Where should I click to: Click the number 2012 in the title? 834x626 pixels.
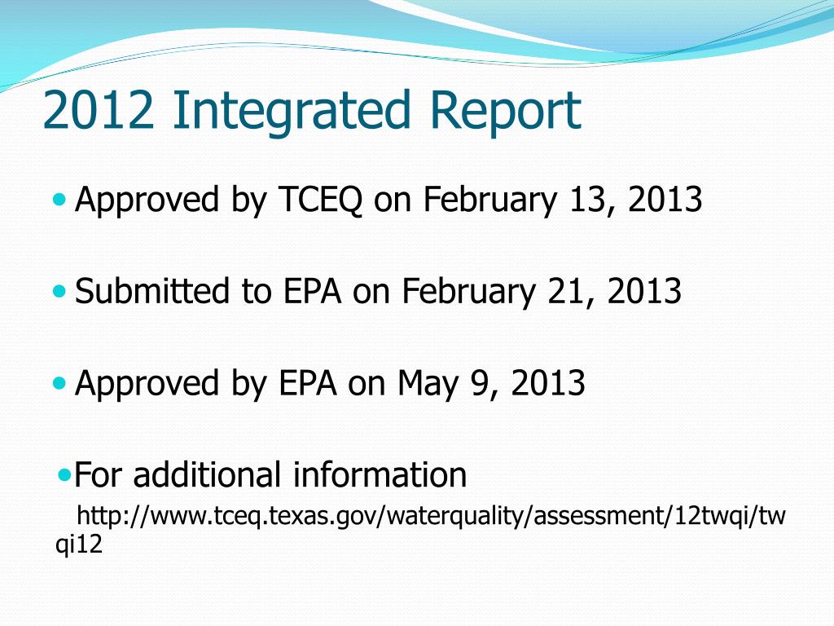99,111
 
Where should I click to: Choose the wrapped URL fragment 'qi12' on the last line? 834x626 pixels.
79,545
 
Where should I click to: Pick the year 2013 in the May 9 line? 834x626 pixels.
548,383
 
